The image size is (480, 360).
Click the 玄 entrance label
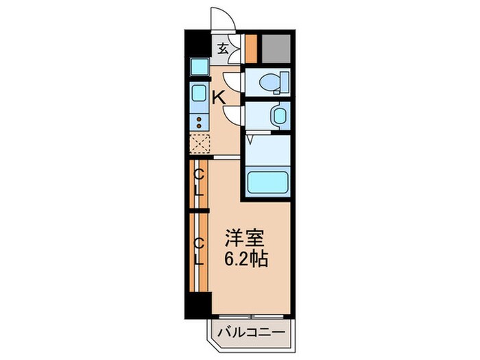pyautogui.click(x=224, y=49)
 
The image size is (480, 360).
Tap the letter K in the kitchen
pyautogui.click(x=218, y=97)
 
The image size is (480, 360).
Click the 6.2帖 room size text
pyautogui.click(x=245, y=261)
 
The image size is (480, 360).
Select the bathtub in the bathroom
pyautogui.click(x=267, y=183)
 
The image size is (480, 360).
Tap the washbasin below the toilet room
pyautogui.click(x=279, y=115)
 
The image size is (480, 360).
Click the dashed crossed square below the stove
pyautogui.click(x=200, y=145)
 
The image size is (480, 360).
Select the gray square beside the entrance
pyautogui.click(x=276, y=47)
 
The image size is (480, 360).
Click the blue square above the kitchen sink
pyautogui.click(x=200, y=67)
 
